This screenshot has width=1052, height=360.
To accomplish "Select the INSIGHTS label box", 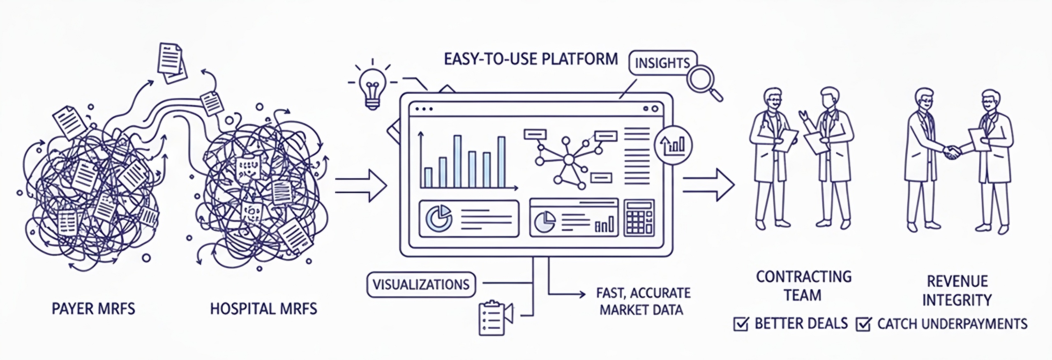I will [x=662, y=63].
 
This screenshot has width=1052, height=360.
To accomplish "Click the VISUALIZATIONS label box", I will [x=420, y=284].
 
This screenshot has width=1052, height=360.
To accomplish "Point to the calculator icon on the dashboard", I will [x=639, y=218].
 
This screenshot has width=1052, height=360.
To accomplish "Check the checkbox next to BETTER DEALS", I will [x=740, y=324].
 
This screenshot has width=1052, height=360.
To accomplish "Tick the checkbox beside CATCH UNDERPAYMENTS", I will [x=863, y=325].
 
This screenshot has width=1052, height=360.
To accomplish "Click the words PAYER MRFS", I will [x=93, y=309].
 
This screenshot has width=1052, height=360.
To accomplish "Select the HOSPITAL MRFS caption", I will [x=263, y=309].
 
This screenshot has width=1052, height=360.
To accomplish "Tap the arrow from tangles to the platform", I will [x=361, y=185].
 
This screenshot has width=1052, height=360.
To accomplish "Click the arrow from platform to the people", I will [x=708, y=185].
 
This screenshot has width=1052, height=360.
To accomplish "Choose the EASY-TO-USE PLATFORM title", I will [x=531, y=59].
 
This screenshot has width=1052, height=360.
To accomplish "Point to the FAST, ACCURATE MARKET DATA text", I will [x=643, y=301].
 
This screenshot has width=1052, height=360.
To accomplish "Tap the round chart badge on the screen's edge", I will [x=673, y=145].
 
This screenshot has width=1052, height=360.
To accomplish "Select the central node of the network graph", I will [x=569, y=159].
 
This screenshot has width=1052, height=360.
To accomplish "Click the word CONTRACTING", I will [x=804, y=277].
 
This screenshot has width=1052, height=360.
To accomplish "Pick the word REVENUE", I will [x=957, y=282].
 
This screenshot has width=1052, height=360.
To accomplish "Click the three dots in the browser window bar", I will [x=424, y=109].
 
